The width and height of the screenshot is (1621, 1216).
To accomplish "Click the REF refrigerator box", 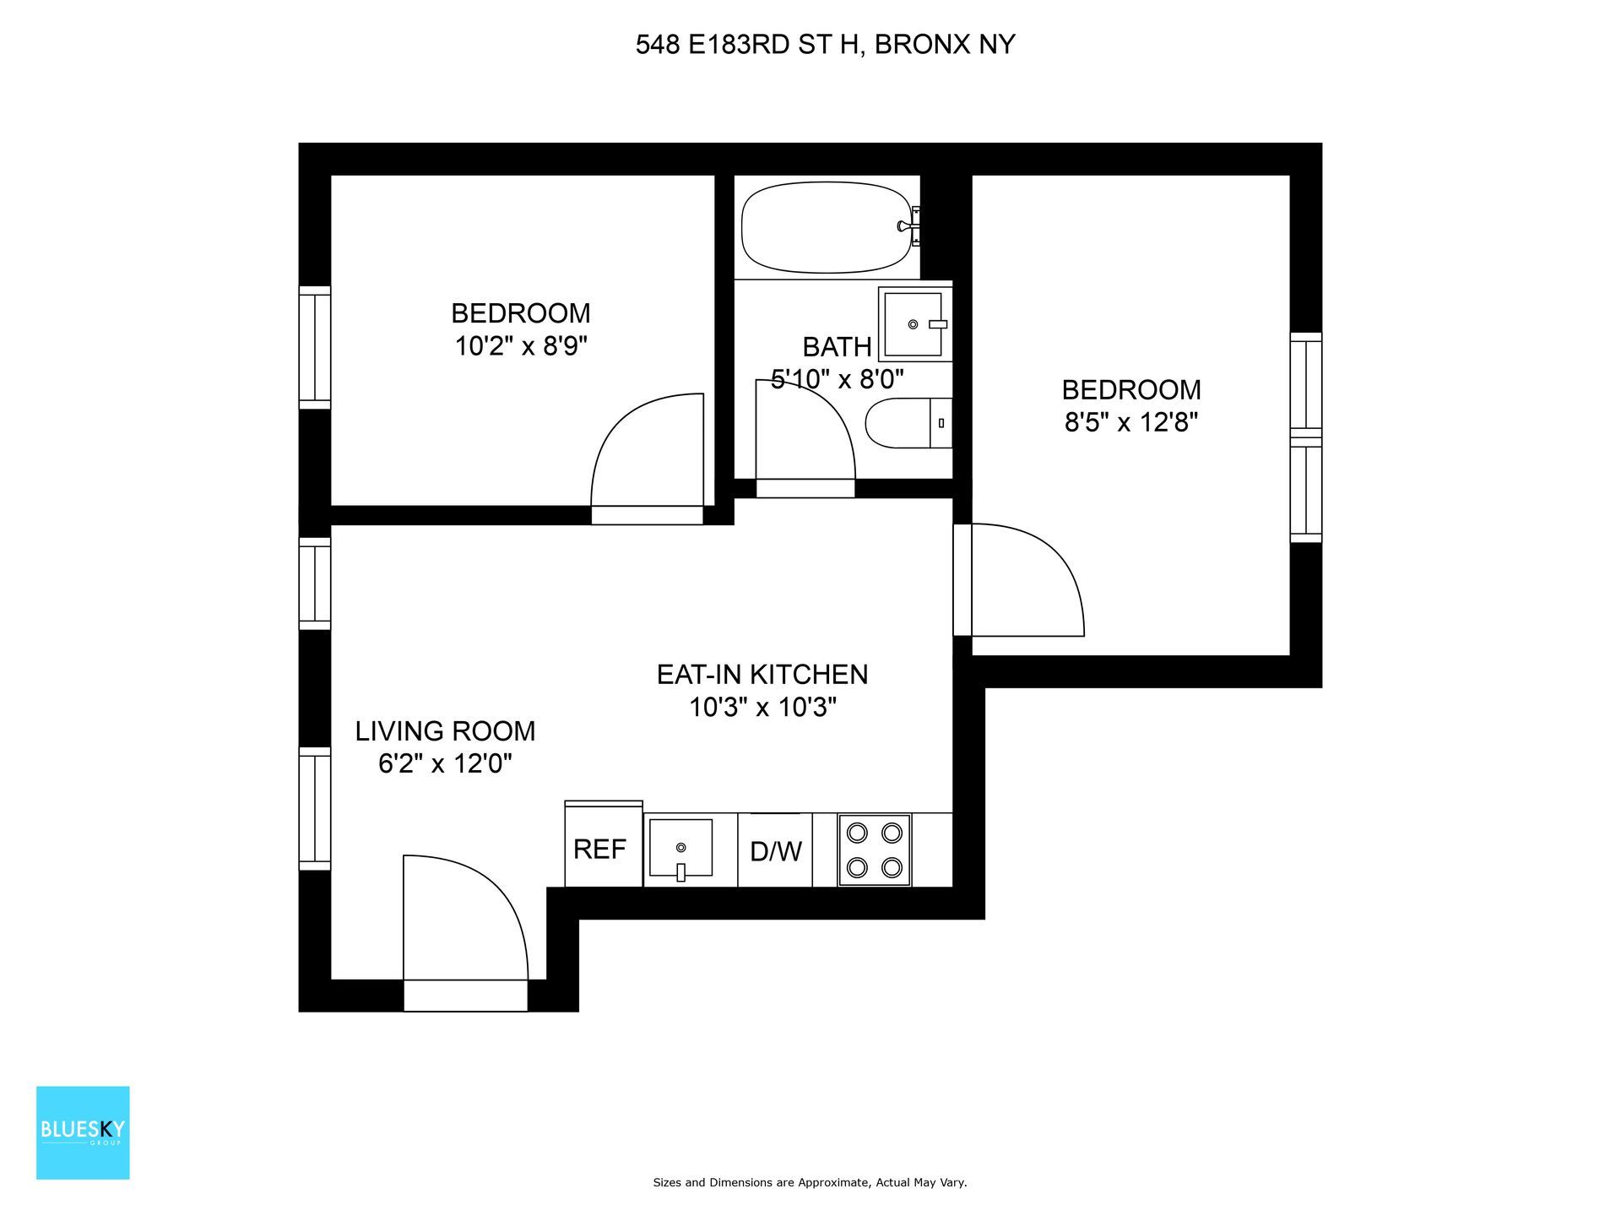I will [x=603, y=848].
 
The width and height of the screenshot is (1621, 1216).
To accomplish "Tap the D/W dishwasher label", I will [x=775, y=851].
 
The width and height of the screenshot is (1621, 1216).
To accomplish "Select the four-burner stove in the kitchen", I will [x=874, y=850].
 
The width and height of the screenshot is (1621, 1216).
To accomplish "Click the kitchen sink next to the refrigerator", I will [x=680, y=848].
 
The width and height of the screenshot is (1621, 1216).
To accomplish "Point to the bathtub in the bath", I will [x=826, y=229].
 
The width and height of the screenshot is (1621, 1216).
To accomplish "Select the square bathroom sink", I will [x=913, y=323].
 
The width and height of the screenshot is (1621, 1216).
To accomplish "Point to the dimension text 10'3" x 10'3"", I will [x=762, y=707].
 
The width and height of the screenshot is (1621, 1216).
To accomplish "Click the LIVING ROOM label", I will [x=445, y=730].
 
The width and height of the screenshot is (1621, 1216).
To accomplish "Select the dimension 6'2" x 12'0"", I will [x=445, y=763].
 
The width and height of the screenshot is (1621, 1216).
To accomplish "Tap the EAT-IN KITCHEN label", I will [x=762, y=674].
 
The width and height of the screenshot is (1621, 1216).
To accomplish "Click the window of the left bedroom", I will [x=315, y=347].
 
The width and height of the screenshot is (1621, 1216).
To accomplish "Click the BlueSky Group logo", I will [x=83, y=1132].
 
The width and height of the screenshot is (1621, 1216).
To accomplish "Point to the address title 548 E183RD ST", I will [x=825, y=45].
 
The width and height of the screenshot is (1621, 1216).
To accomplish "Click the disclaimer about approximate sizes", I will [x=810, y=1183].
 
